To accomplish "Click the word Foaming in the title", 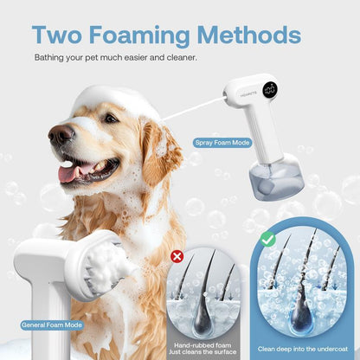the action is coord(140,35).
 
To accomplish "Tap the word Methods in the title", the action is coord(249,35).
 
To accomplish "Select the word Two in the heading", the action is coord(57,35).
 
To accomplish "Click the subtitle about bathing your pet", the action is coord(116,57).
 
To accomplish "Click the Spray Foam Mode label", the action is coord(222,143).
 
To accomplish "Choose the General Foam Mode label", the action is coord(52,325).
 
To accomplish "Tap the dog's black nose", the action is coord(61,134).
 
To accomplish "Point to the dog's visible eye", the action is coord(111,118).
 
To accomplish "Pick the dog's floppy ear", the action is coord(162,154).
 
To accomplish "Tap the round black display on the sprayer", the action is coord(270,90).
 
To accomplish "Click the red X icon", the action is coord(177,256).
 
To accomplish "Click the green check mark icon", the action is coord(268,240).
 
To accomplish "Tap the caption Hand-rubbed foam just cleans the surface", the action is coord(202,349).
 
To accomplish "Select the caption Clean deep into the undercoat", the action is coord(303,349).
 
